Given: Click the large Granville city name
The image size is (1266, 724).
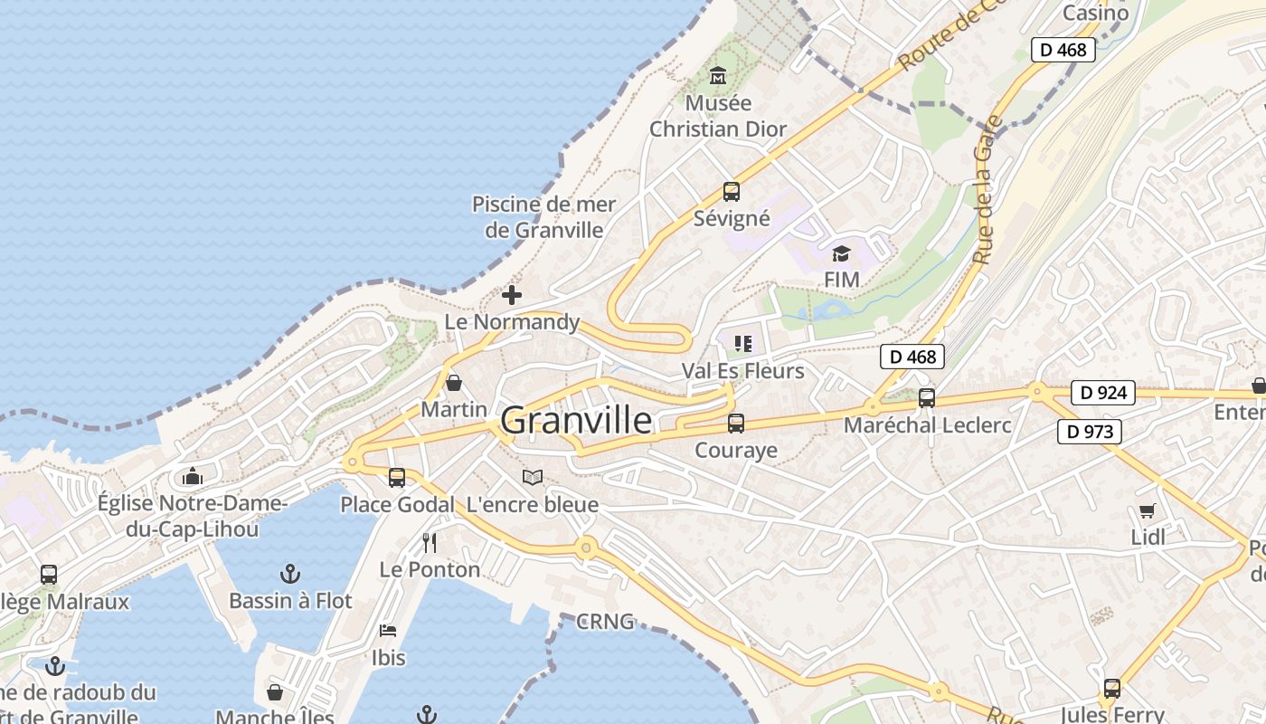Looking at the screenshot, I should click(575, 420).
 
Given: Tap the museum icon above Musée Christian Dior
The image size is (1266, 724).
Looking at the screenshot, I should click(718, 75).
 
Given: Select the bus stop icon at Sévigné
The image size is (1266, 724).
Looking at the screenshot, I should click(732, 192).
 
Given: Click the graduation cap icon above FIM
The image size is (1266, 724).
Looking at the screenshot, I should click(841, 253).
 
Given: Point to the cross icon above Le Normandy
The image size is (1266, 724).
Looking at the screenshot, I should click(512, 295).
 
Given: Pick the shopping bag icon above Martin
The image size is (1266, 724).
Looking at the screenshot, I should click(454, 383).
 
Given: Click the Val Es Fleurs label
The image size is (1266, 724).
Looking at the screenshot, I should click(742, 371).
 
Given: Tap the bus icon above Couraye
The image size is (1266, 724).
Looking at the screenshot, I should click(736, 423).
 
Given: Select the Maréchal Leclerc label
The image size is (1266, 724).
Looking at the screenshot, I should click(927, 424).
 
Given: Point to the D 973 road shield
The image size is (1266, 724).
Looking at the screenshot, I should click(1090, 432).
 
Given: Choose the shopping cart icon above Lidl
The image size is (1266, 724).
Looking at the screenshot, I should click(1148, 510).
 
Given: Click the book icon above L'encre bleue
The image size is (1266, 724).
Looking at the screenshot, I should click(533, 477).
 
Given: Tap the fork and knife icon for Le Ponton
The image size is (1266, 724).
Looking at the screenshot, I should click(430, 543).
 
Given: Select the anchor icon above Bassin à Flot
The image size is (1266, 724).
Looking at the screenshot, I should click(289, 574).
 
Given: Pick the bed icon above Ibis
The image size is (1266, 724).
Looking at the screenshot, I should click(388, 630).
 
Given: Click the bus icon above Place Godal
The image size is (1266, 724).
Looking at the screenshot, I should click(397, 478).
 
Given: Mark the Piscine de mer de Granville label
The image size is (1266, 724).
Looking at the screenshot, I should click(543, 217).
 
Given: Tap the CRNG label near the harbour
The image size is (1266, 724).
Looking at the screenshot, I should click(605, 623).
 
